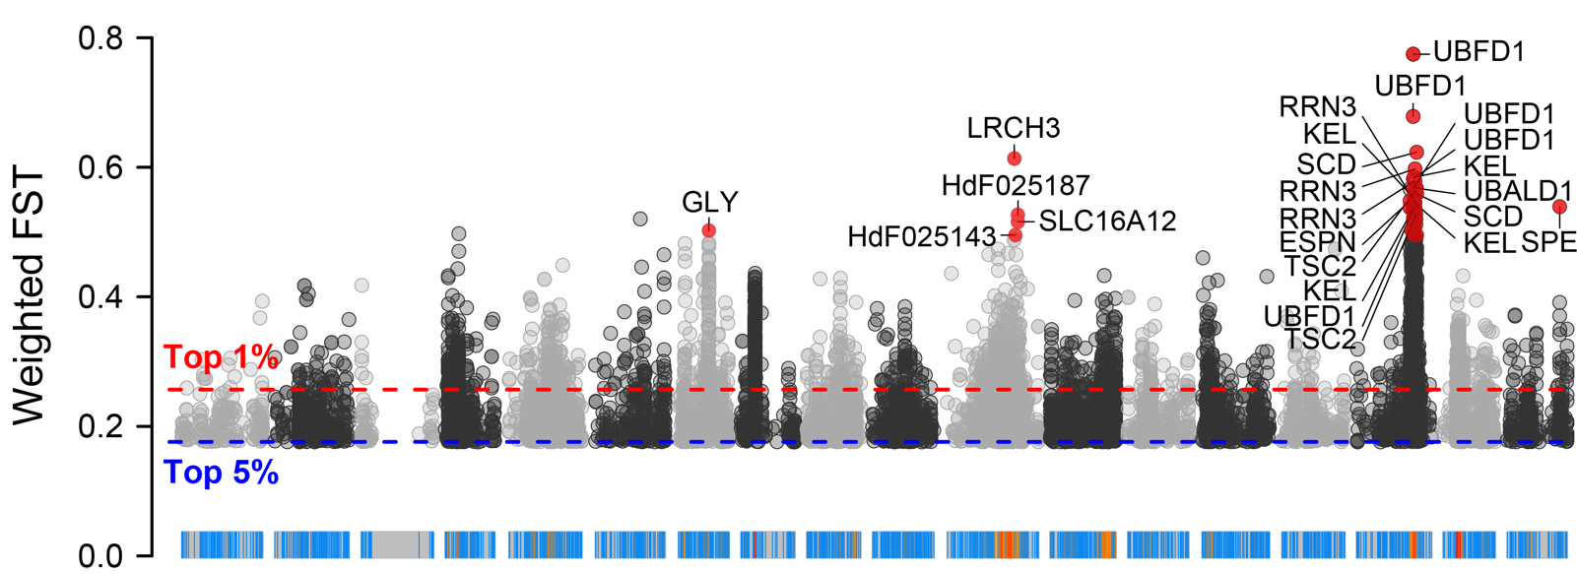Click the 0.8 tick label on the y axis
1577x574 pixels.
point(100,38)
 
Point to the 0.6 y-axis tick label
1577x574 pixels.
point(100,167)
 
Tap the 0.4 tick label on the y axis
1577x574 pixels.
point(100,296)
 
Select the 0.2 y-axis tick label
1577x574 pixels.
point(100,426)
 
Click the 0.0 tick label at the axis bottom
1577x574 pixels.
point(100,555)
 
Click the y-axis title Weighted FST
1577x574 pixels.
point(30,296)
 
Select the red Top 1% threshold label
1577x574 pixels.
point(221,356)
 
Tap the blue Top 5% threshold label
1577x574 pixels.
point(221,474)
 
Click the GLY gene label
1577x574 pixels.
point(709,203)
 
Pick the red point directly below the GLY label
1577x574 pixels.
point(709,230)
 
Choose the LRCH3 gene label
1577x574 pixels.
point(1014,128)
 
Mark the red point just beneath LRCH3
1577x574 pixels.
point(1015,159)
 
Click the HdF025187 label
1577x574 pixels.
point(1016,185)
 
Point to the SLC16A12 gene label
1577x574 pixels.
point(1107,222)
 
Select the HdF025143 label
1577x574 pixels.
point(922,237)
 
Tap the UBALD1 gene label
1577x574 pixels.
point(1518,191)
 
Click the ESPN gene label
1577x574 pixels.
point(1318,242)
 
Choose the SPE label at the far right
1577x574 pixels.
point(1548,242)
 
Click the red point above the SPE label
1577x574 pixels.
point(1559,207)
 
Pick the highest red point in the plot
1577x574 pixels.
point(1413,54)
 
